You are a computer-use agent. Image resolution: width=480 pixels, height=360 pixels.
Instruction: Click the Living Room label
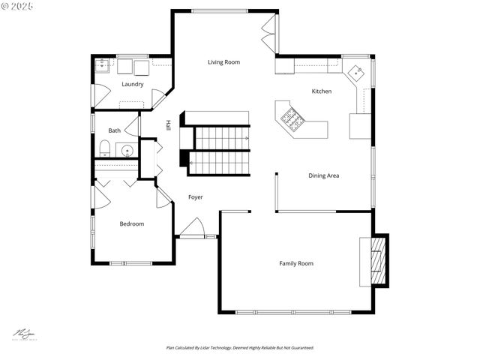point(223,62)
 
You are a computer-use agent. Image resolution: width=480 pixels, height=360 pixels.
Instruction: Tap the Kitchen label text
point(322,91)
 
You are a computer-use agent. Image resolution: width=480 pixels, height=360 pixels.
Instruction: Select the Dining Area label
point(324,175)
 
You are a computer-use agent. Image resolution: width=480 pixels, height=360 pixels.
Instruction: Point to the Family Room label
point(296,263)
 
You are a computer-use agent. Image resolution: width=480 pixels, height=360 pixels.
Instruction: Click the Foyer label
point(195,197)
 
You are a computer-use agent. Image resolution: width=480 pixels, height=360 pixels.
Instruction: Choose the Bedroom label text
point(132,223)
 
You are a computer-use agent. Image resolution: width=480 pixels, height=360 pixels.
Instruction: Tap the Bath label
point(114,130)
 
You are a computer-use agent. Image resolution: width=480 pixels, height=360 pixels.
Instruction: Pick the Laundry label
point(132,84)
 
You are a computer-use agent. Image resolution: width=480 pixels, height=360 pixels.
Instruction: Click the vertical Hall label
point(168,125)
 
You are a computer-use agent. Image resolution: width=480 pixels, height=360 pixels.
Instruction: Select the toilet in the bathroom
point(105,148)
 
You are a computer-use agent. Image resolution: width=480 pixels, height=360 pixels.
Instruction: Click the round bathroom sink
point(127,151)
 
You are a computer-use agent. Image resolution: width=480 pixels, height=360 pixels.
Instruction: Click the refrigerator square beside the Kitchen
point(360,126)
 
